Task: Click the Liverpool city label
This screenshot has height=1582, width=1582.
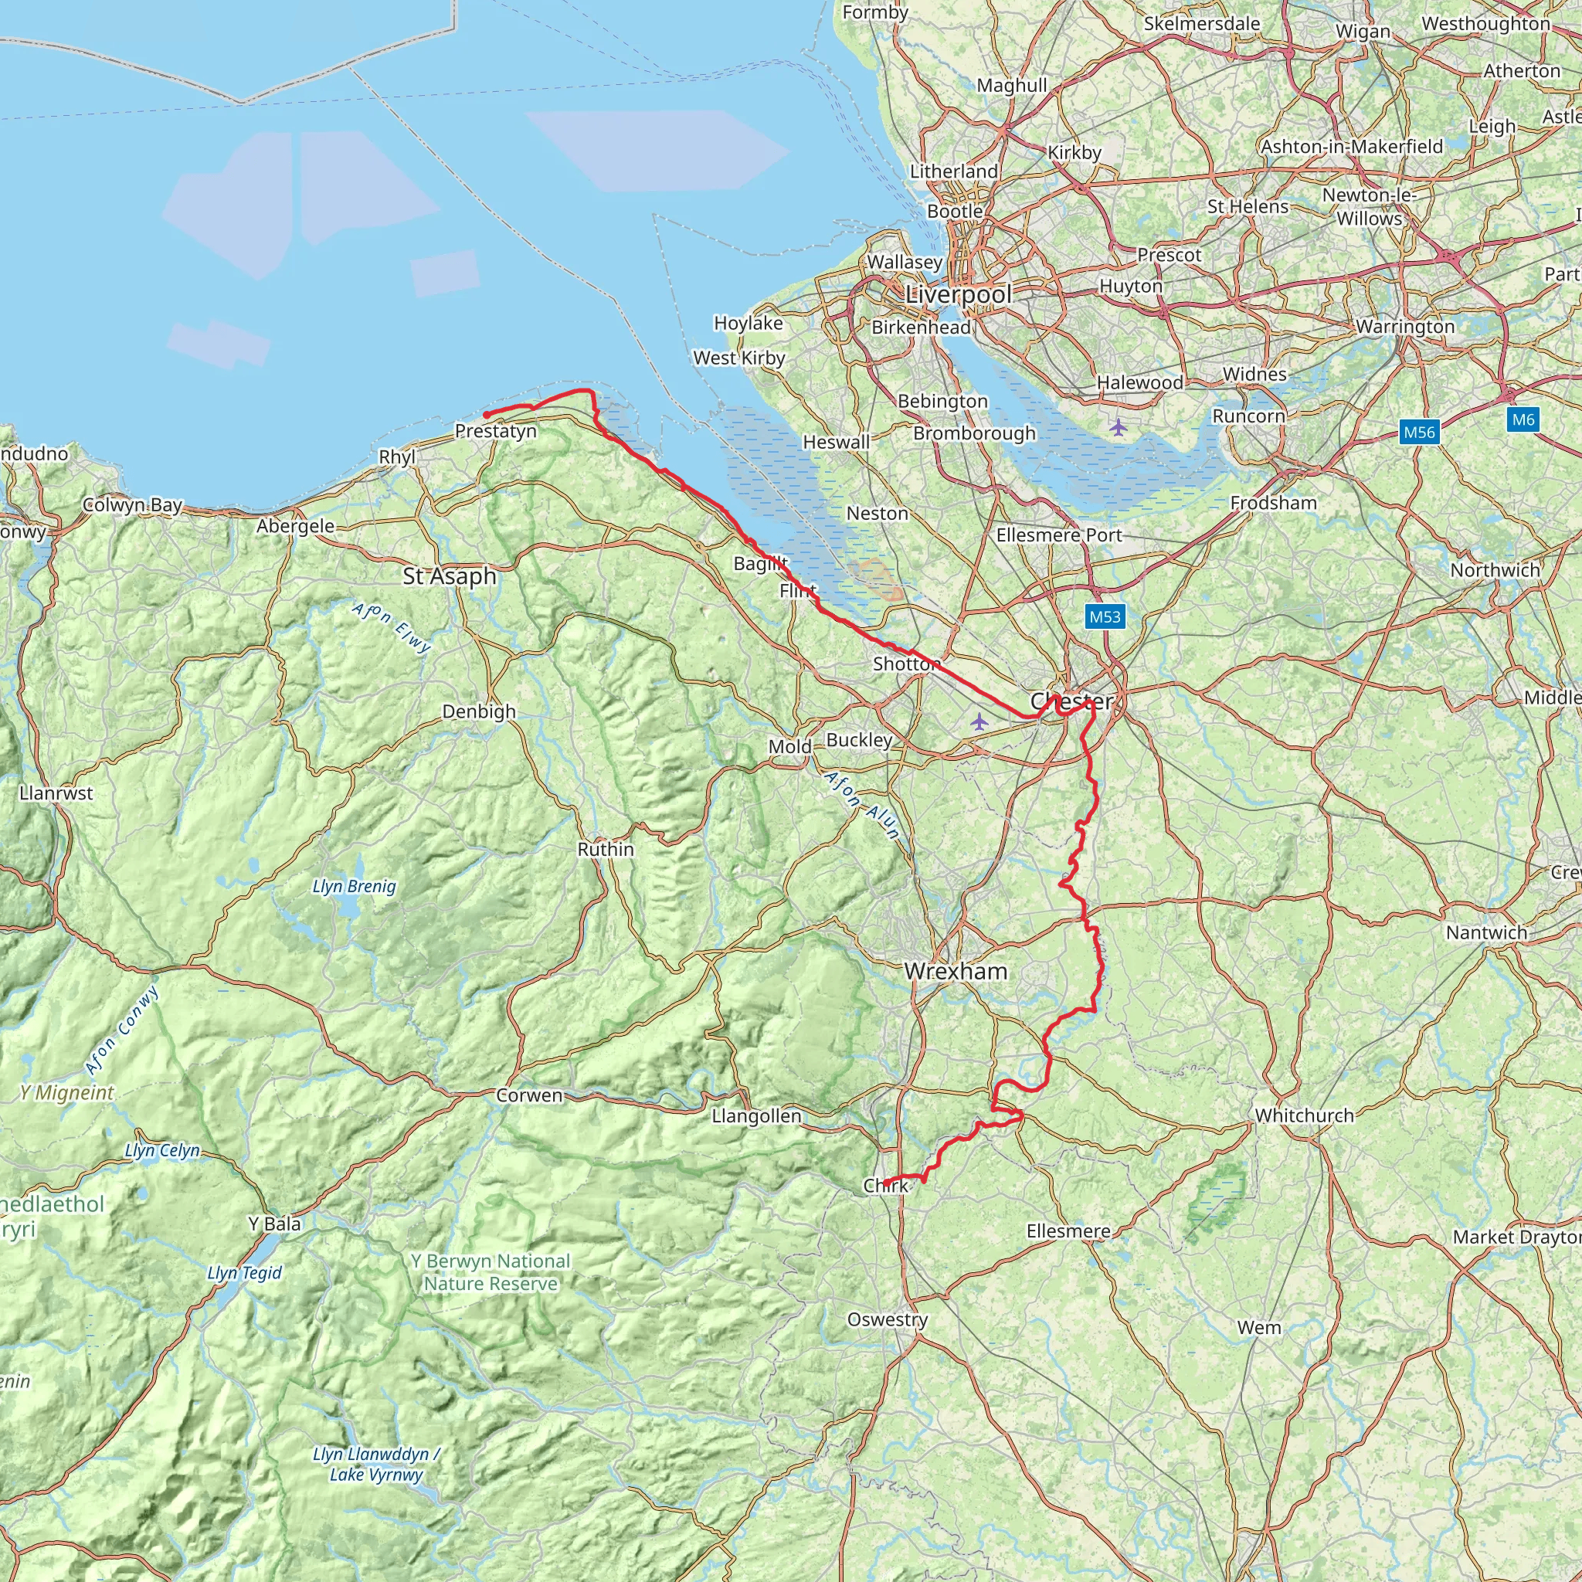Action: [958, 295]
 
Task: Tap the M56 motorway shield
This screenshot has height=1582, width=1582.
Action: [1419, 432]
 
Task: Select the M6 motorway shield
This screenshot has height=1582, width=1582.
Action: [1523, 420]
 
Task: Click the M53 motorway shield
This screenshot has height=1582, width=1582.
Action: [1105, 616]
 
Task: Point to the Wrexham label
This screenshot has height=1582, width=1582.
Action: [956, 972]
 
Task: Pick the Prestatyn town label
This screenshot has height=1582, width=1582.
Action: [495, 432]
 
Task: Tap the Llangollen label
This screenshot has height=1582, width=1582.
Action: [755, 1116]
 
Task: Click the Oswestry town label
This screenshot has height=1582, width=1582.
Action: [888, 1319]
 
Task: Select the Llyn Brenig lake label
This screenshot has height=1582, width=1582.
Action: [354, 886]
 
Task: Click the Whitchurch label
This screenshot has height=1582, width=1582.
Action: [1305, 1115]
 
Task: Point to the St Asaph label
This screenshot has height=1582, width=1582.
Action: [450, 576]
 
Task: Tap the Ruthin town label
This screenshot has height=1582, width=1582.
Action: [606, 849]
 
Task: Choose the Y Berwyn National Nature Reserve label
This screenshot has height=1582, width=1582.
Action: [491, 1272]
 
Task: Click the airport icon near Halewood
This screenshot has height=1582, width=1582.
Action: [1119, 426]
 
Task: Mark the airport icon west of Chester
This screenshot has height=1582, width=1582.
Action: [979, 721]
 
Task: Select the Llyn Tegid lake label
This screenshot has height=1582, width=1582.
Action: [244, 1272]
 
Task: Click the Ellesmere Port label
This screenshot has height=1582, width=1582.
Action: [1059, 535]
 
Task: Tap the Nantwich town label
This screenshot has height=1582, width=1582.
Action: [1486, 932]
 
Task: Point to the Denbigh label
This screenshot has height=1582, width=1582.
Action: [479, 711]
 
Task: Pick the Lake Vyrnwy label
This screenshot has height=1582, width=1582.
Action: [376, 1475]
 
